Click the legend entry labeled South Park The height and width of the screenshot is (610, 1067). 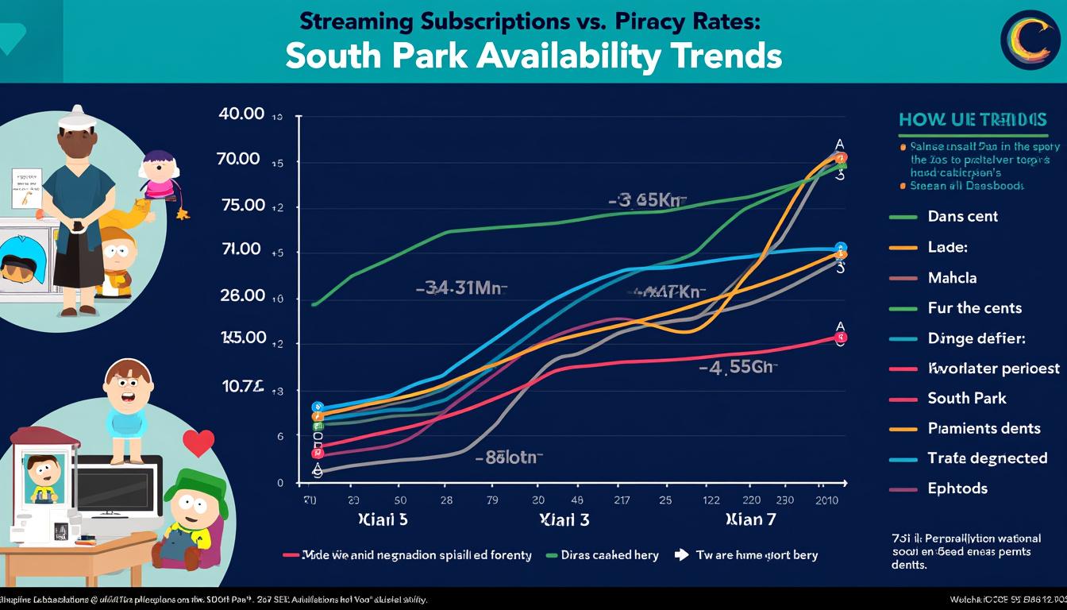pyautogui.click(x=966, y=398)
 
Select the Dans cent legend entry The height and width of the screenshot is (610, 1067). pyautogui.click(x=962, y=216)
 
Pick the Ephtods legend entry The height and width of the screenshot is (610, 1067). pyautogui.click(x=957, y=488)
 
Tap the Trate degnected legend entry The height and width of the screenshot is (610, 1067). pyautogui.click(x=987, y=457)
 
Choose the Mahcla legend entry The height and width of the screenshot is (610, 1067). pyautogui.click(x=952, y=277)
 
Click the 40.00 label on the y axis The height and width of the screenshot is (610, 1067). pyautogui.click(x=241, y=114)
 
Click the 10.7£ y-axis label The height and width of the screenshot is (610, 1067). pyautogui.click(x=242, y=386)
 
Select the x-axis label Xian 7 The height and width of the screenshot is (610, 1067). pyautogui.click(x=750, y=521)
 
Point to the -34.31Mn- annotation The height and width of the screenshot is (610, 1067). pyautogui.click(x=461, y=288)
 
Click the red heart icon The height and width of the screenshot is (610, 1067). pyautogui.click(x=198, y=441)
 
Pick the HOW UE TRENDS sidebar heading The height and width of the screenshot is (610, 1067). pyautogui.click(x=972, y=120)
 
